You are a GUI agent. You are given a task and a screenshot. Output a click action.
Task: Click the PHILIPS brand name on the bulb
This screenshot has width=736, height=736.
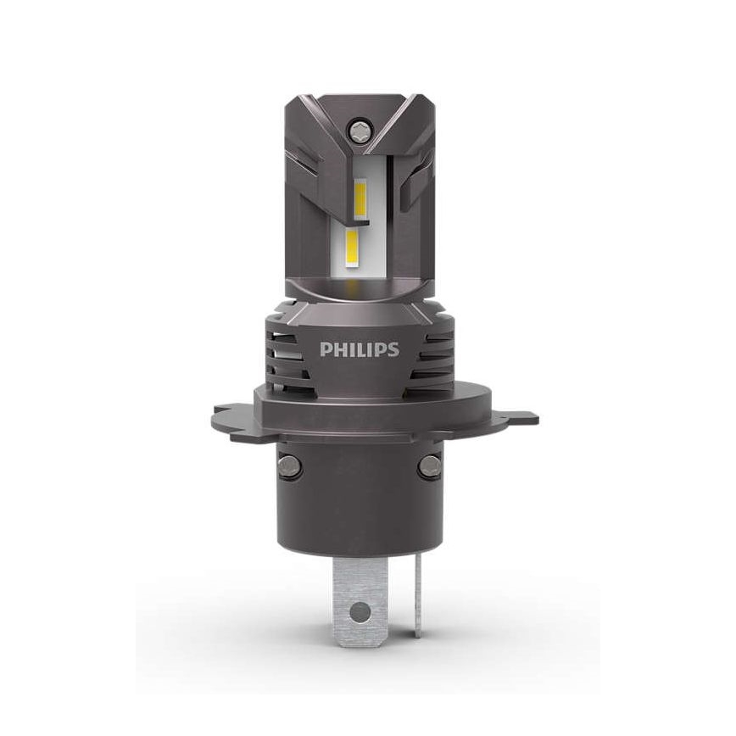pyautogui.click(x=359, y=349)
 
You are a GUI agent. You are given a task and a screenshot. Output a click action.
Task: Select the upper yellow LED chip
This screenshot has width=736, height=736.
pyautogui.click(x=360, y=197)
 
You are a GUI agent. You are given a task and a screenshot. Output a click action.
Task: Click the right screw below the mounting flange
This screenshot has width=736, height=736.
pyautogui.click(x=429, y=465)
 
